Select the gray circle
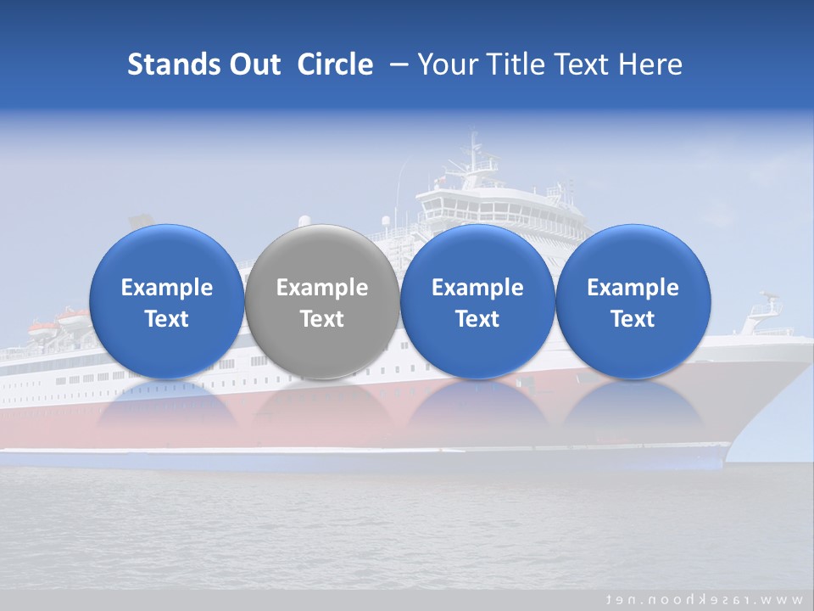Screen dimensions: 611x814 point(322,301)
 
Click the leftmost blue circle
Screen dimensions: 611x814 point(166,301)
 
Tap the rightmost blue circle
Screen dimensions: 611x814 point(633,301)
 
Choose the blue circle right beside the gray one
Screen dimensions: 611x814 point(477,301)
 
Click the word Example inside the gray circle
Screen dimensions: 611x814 point(322,288)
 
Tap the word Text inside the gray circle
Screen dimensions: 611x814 point(322,319)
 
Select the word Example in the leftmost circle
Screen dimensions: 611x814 point(166,288)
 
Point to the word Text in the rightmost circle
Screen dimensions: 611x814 point(633,319)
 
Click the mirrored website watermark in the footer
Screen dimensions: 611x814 point(703,598)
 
